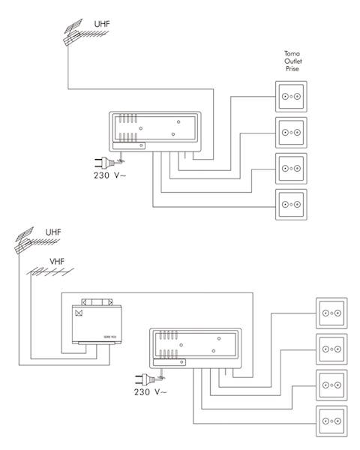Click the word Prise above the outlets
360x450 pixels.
pyautogui.click(x=292, y=68)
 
